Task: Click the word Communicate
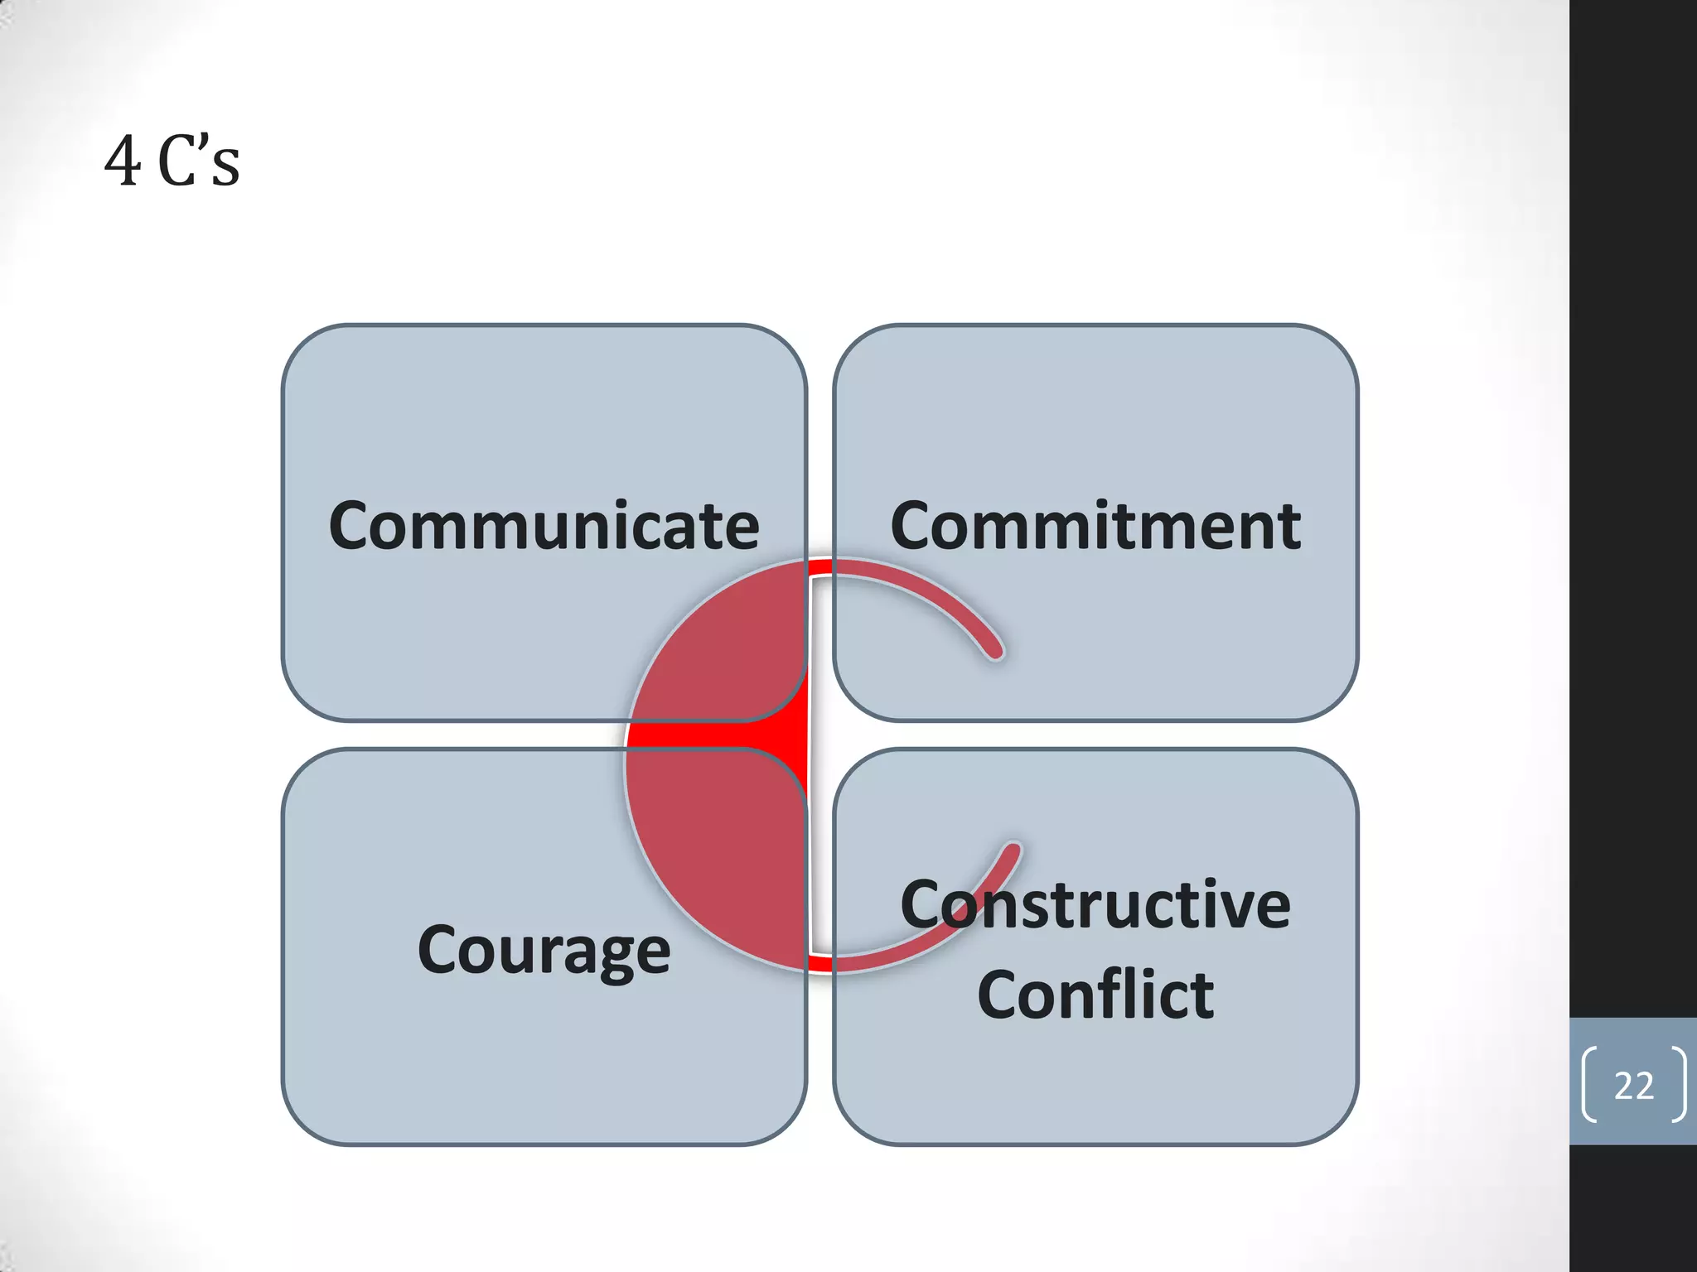544,527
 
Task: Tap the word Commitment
1095,527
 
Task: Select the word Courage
544,951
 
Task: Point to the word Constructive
1095,905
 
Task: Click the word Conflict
1095,995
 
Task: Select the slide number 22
1633,1086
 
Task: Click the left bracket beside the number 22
1589,1085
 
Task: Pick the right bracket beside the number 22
1678,1085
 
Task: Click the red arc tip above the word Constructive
1012,851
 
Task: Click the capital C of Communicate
354,527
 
